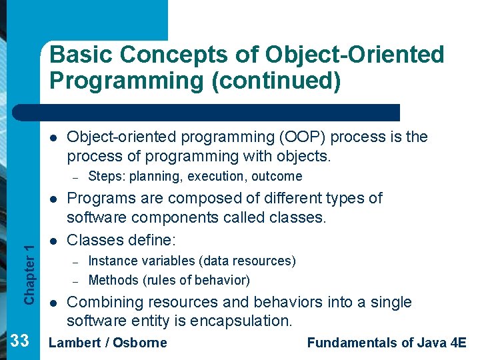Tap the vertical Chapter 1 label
pyautogui.click(x=28, y=273)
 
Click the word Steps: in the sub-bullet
pyautogui.click(x=107, y=177)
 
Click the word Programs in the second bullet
pyautogui.click(x=97, y=198)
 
